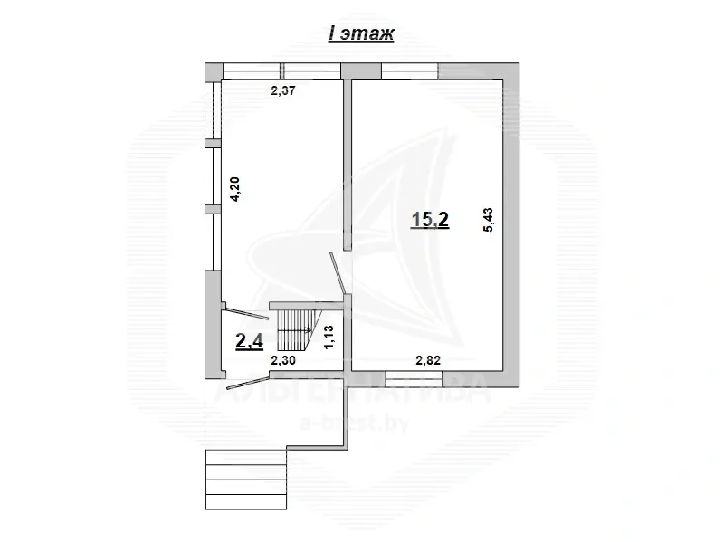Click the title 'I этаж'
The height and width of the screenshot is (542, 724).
pyautogui.click(x=360, y=34)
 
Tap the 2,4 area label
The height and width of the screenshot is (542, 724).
pyautogui.click(x=249, y=341)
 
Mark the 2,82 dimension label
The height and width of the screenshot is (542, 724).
pyautogui.click(x=427, y=361)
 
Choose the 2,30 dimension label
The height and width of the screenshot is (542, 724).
pyautogui.click(x=284, y=361)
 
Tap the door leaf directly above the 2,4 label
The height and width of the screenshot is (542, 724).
pyautogui.click(x=246, y=312)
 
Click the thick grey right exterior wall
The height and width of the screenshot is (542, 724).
pyautogui.click(x=513, y=226)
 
